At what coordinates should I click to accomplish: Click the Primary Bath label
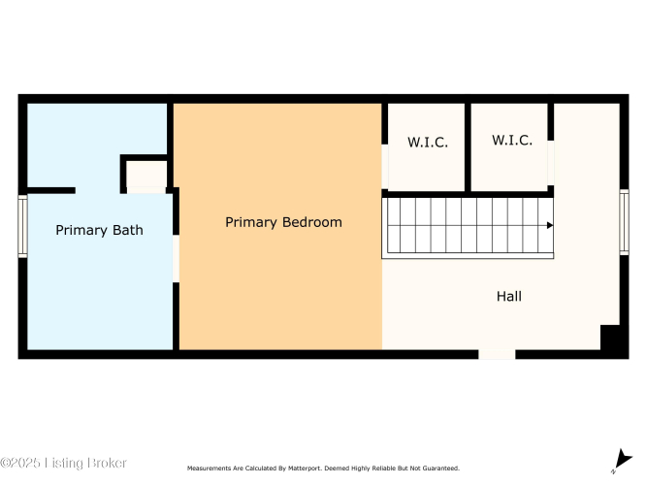[99, 230]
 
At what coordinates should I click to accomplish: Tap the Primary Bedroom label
[283, 222]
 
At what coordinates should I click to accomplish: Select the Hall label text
[508, 296]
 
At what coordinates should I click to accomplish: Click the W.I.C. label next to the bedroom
[428, 142]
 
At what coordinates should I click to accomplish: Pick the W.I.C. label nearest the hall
[511, 140]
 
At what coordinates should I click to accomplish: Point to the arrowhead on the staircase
[550, 225]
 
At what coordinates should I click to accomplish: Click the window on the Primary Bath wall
[22, 226]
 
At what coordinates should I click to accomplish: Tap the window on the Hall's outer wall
[624, 222]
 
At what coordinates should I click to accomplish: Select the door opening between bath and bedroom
[176, 258]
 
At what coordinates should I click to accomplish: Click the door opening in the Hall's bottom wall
[497, 354]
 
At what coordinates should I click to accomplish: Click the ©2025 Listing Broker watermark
[64, 463]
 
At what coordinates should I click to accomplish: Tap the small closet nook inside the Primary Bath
[146, 174]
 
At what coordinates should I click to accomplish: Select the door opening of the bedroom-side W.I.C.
[385, 166]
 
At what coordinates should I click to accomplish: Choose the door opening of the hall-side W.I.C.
[550, 163]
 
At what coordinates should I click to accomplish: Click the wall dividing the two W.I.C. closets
[468, 147]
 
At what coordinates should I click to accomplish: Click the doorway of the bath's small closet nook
[146, 190]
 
